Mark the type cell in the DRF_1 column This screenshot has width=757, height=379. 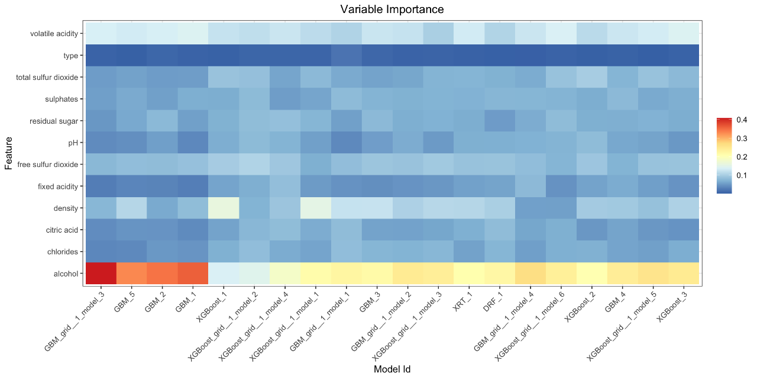coord(500,55)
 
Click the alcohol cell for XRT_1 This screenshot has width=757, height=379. coord(469,273)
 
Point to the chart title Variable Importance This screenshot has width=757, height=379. coord(392,9)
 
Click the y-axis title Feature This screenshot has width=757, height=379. coord(9,153)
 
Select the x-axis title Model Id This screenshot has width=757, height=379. coord(392,369)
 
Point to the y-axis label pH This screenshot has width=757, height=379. coord(73,143)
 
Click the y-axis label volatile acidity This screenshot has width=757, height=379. coord(54,34)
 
